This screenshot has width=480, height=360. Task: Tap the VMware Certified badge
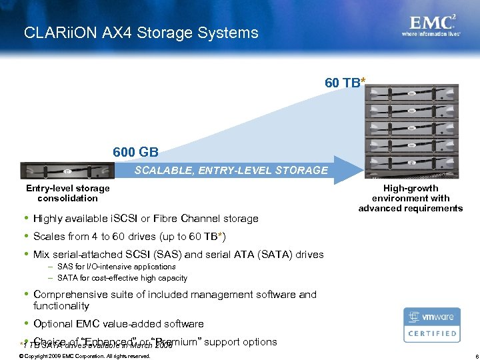pyautogui.click(x=431, y=325)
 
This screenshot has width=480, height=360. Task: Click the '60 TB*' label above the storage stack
pyautogui.click(x=345, y=83)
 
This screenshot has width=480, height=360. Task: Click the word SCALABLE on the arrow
pyautogui.click(x=162, y=170)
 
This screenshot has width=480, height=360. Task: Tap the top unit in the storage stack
pyautogui.click(x=412, y=93)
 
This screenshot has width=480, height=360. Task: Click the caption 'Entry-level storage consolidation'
pyautogui.click(x=67, y=193)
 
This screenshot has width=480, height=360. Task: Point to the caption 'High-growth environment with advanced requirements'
pyautogui.click(x=411, y=198)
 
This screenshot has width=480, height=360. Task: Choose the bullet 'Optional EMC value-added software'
pyautogui.click(x=118, y=324)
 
